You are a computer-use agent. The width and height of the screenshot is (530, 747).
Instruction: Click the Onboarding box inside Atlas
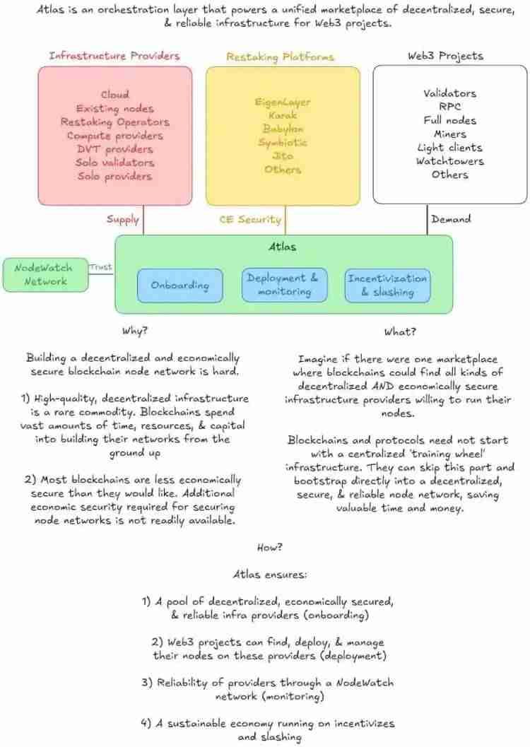pos(180,286)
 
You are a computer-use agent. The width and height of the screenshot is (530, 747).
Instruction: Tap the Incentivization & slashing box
pos(387,285)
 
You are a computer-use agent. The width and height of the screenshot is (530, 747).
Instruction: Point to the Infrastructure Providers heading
pos(114,55)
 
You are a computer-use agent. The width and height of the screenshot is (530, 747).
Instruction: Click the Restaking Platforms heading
pos(280,56)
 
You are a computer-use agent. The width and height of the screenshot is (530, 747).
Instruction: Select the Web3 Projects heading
pos(445,55)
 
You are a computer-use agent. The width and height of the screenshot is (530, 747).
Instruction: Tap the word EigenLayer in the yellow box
pos(283,102)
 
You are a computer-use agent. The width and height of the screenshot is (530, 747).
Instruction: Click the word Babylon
pos(283,129)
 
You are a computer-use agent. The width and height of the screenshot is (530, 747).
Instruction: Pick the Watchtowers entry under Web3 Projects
pos(449,161)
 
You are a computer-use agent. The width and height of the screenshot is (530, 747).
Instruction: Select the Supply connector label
pos(123,219)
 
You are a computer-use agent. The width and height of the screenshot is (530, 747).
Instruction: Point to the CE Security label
pos(251,220)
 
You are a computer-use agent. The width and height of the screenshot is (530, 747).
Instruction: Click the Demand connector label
pos(450,219)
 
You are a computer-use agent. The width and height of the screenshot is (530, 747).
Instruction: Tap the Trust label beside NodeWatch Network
pos(100,266)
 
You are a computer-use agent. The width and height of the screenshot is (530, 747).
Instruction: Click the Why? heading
pos(135,331)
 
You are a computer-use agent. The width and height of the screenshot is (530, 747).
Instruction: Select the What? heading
pos(400,331)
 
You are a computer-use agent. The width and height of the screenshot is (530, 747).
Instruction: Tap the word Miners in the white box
pos(450,134)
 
